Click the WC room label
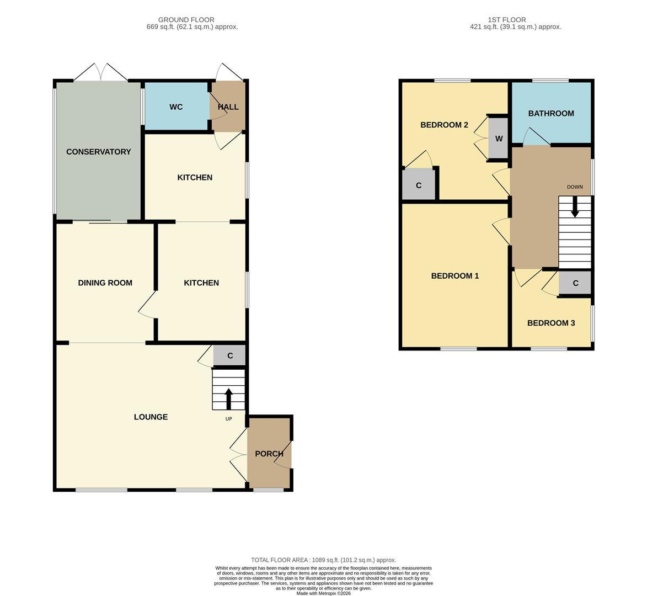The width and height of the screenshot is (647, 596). [x=176, y=107]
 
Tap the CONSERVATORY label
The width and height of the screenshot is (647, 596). [x=98, y=152]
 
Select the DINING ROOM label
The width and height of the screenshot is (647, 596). [x=105, y=283]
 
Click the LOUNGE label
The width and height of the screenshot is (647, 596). [x=151, y=417]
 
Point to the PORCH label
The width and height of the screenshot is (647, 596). [x=269, y=454]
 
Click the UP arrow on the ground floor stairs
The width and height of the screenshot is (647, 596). [x=228, y=398]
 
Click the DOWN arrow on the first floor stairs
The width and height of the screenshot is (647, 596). [x=575, y=207]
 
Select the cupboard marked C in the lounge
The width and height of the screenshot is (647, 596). [x=229, y=356]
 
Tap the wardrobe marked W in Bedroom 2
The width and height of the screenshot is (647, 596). [x=499, y=139]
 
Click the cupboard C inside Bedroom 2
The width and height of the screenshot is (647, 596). [x=419, y=185]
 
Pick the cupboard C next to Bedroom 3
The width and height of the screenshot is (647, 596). [x=575, y=283]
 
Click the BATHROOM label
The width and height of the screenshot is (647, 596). [x=551, y=114]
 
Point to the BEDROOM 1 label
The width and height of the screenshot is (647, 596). [x=454, y=276]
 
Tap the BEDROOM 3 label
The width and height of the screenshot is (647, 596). [x=550, y=323]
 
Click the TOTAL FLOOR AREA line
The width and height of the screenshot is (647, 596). [x=323, y=560]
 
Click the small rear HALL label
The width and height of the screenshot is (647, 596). [x=228, y=107]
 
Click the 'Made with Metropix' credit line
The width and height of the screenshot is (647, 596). [x=323, y=593]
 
